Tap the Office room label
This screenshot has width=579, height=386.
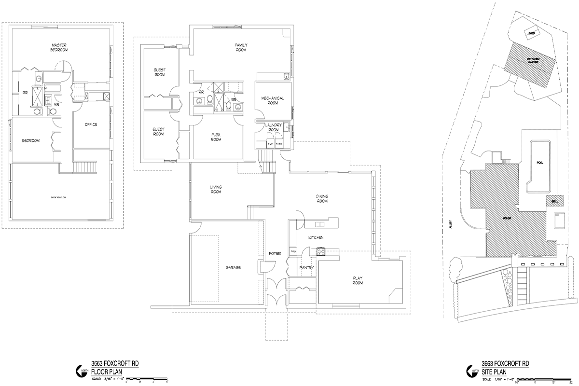(91, 124)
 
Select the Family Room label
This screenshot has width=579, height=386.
(241, 47)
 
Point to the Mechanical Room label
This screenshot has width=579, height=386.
(273, 100)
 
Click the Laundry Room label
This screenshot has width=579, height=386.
(274, 127)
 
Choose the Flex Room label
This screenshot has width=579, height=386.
(216, 137)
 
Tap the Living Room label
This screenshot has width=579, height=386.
(216, 189)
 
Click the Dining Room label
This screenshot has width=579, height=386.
(322, 198)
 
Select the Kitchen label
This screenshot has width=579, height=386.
(316, 238)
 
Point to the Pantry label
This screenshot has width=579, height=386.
(307, 267)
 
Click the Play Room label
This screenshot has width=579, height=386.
(358, 280)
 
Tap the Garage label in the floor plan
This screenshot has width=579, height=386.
(233, 267)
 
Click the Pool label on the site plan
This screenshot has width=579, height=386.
(540, 163)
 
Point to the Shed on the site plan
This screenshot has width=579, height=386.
(531, 33)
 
